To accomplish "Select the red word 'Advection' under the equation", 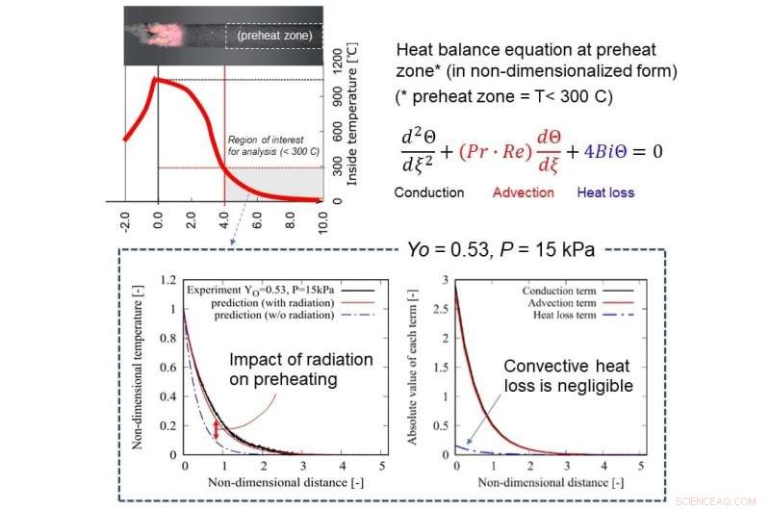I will pyautogui.click(x=523, y=192).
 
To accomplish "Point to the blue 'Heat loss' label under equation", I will pyautogui.click(x=608, y=192).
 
